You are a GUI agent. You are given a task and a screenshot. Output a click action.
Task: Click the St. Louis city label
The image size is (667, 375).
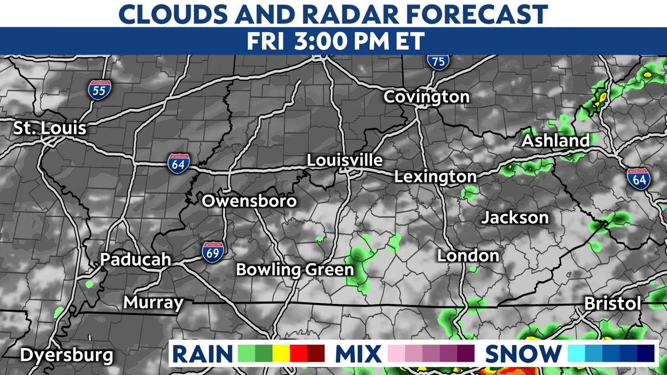(x=50, y=128)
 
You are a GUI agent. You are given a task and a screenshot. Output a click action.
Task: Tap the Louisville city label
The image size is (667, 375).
(x=344, y=160)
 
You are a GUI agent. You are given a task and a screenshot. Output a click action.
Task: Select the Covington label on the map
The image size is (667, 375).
(x=426, y=97)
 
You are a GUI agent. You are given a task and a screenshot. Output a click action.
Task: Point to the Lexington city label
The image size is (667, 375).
(x=435, y=177)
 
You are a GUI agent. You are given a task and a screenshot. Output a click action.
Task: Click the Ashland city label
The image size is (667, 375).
(x=555, y=141)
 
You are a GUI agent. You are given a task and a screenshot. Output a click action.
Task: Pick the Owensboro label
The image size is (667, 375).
(x=249, y=201)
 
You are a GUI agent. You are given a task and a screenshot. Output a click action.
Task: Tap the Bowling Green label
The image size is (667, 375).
(x=295, y=270)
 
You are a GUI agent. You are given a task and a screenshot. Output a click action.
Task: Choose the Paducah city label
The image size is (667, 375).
(x=135, y=259)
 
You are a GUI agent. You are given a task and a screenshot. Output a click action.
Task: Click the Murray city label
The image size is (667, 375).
(x=153, y=303)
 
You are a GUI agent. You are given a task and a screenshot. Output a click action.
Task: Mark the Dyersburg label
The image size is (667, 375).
(x=66, y=355)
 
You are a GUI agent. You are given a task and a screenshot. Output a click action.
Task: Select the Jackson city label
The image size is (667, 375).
(x=515, y=217)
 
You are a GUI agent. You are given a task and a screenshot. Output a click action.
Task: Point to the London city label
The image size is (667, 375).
(x=468, y=256)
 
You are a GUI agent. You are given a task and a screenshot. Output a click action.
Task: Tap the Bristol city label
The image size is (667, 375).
(x=612, y=304)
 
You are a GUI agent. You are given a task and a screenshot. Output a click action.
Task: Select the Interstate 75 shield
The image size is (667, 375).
(x=438, y=61)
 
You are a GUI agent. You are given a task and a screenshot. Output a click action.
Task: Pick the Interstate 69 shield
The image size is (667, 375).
(x=214, y=251)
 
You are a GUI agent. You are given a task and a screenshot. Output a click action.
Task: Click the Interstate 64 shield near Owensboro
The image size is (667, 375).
(x=178, y=164)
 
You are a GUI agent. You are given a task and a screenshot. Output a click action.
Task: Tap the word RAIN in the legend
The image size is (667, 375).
(x=202, y=354)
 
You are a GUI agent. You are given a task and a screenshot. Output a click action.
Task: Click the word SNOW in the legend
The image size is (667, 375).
(x=523, y=354)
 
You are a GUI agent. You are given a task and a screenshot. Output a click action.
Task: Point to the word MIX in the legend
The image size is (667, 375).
(x=358, y=354)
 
